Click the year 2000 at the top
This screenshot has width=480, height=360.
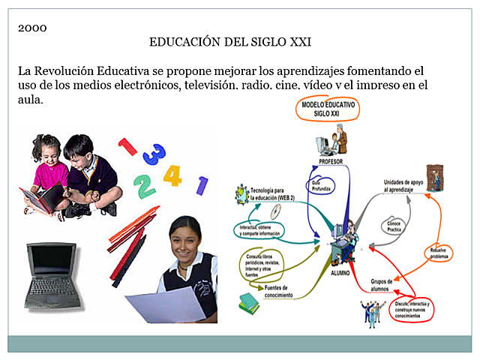coord(32,28)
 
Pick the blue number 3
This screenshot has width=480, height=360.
coord(154,154)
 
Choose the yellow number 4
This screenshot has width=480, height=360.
coord(172,175)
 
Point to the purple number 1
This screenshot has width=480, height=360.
coord(202,184)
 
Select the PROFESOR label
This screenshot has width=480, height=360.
coord(331,161)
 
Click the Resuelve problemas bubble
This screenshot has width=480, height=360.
coord(439,253)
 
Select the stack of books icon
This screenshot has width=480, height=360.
coord(249,302)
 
